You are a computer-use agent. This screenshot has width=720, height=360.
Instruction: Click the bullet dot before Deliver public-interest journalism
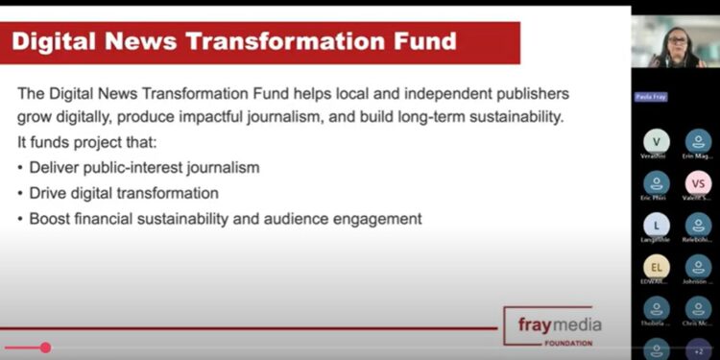click(21, 168)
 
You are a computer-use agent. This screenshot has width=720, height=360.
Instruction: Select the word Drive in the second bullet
click(49, 193)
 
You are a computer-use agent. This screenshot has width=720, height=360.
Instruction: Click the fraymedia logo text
click(556, 324)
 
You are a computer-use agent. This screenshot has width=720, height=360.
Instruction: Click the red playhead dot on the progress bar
click(45, 348)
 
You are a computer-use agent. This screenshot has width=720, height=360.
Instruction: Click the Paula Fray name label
click(649, 97)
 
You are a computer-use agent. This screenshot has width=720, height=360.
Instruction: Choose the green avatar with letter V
click(657, 141)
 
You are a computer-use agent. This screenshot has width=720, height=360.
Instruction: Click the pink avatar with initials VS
click(699, 182)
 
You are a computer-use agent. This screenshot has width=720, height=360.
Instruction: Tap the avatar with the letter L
click(657, 225)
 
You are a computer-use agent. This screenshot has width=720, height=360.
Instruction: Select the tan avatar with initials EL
click(657, 266)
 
